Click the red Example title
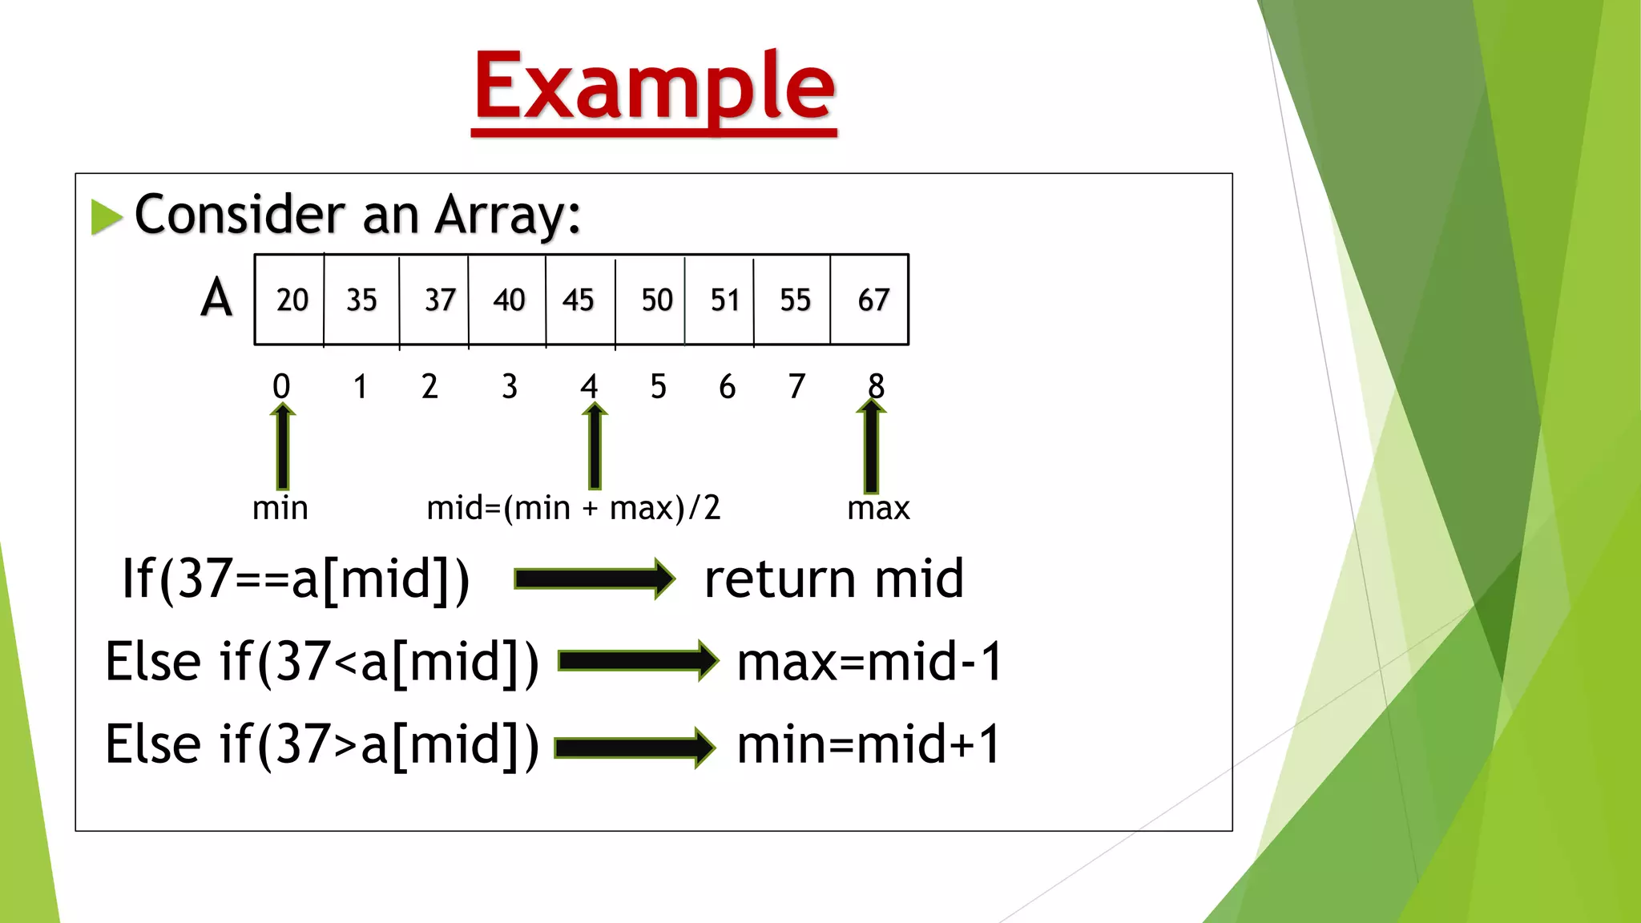pyautogui.click(x=654, y=87)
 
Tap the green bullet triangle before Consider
pyautogui.click(x=106, y=217)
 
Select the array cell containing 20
pyautogui.click(x=291, y=300)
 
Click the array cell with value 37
pyautogui.click(x=437, y=300)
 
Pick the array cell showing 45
pyautogui.click(x=579, y=300)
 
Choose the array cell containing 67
pyautogui.click(x=872, y=300)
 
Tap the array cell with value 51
pyautogui.click(x=724, y=300)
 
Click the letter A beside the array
pyautogui.click(x=216, y=298)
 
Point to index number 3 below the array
pyautogui.click(x=510, y=387)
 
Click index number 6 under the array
pyautogui.click(x=727, y=387)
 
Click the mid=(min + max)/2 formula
pyautogui.click(x=573, y=508)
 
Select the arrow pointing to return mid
pyautogui.click(x=595, y=578)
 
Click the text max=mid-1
pyautogui.click(x=869, y=662)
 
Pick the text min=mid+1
pyautogui.click(x=869, y=744)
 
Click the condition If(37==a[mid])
pyautogui.click(x=295, y=578)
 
